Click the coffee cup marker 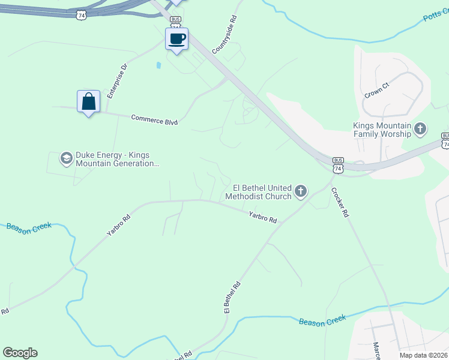click(x=176, y=40)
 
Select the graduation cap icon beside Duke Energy click(x=66, y=158)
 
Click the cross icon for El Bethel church click(x=301, y=192)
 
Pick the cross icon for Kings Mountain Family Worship click(x=420, y=128)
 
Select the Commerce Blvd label click(x=154, y=119)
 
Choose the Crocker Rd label click(x=340, y=202)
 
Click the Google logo click(x=20, y=353)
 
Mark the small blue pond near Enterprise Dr click(x=158, y=65)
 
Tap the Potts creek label click(x=436, y=16)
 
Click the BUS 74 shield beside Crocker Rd click(x=339, y=166)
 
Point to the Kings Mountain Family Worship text click(x=382, y=129)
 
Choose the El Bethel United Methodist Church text click(x=259, y=192)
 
